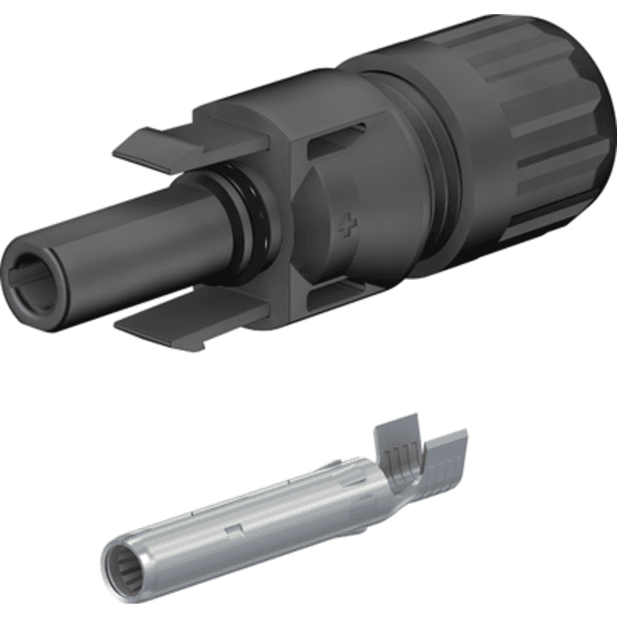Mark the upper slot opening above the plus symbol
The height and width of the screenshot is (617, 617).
(327, 152)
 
